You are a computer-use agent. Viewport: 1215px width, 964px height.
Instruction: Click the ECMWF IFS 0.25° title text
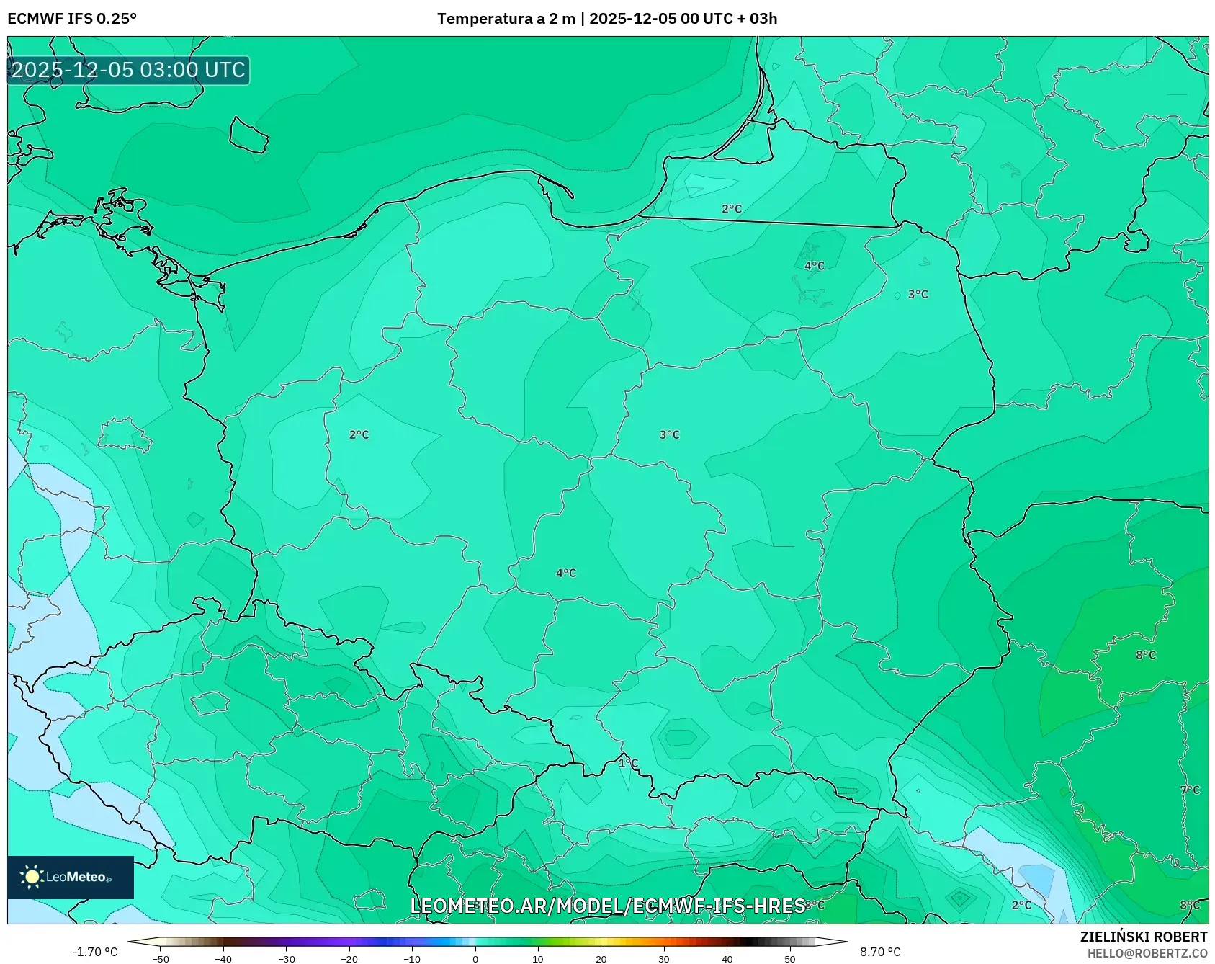[72, 19]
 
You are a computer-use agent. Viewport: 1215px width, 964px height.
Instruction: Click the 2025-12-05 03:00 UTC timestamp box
[128, 71]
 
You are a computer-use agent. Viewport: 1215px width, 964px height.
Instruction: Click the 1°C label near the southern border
[629, 763]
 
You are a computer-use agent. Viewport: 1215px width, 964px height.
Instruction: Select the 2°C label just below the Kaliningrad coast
[732, 209]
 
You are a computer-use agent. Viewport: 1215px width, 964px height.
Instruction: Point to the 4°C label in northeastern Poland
[815, 266]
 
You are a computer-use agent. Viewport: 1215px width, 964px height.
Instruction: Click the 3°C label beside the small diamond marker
[918, 295]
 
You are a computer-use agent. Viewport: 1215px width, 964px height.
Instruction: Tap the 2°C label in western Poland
[359, 435]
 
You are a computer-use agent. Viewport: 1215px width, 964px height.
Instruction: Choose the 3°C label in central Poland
[670, 435]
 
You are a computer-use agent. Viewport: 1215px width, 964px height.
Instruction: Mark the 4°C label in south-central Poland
[566, 574]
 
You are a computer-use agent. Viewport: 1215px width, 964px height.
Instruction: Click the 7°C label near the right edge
[1190, 790]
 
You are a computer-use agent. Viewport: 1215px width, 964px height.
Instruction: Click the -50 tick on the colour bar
[161, 959]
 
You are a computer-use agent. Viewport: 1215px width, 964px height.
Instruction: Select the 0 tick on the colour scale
[475, 959]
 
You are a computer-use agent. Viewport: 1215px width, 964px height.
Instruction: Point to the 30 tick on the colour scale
[664, 959]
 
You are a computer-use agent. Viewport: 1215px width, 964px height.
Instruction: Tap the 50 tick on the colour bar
[790, 959]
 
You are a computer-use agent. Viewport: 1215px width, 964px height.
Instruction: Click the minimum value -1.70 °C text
[94, 952]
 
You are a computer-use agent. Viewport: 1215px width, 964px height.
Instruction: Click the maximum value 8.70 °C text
[880, 952]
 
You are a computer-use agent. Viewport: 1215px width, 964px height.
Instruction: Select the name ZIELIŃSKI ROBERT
[1143, 937]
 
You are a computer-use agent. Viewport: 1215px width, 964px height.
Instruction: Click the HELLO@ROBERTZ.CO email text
[1147, 953]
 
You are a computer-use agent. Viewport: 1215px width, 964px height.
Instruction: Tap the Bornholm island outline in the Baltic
[248, 135]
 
